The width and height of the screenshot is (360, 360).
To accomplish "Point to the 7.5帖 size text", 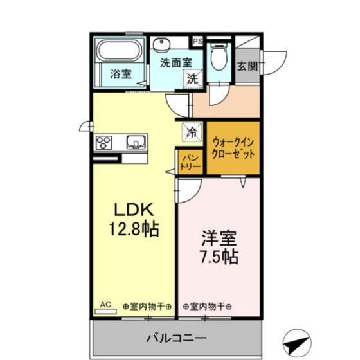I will (219, 257).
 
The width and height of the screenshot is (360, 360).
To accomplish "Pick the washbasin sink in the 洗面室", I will (161, 44).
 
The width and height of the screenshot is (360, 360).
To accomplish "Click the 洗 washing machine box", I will (194, 79).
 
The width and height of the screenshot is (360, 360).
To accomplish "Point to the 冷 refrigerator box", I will (192, 132).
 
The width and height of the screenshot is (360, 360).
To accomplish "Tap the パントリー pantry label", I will (190, 161).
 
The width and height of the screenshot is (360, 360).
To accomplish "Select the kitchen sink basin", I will (135, 141).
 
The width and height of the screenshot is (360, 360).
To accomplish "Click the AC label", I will (104, 305).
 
